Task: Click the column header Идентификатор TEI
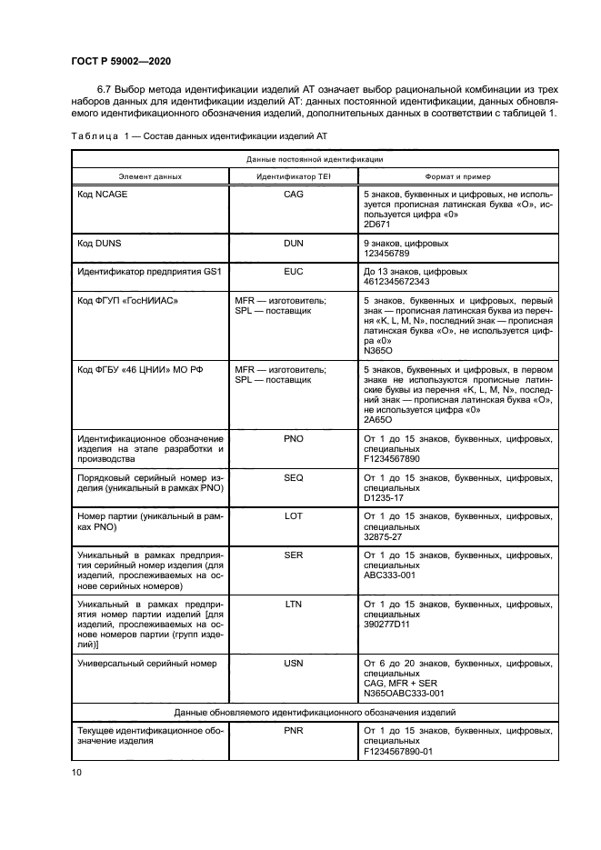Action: point(294,176)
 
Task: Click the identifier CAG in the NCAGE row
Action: point(294,195)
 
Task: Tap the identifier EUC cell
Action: point(294,271)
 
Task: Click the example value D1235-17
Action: point(385,496)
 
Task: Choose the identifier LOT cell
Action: point(294,515)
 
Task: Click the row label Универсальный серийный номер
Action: point(147,664)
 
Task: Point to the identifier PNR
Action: point(294,729)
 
